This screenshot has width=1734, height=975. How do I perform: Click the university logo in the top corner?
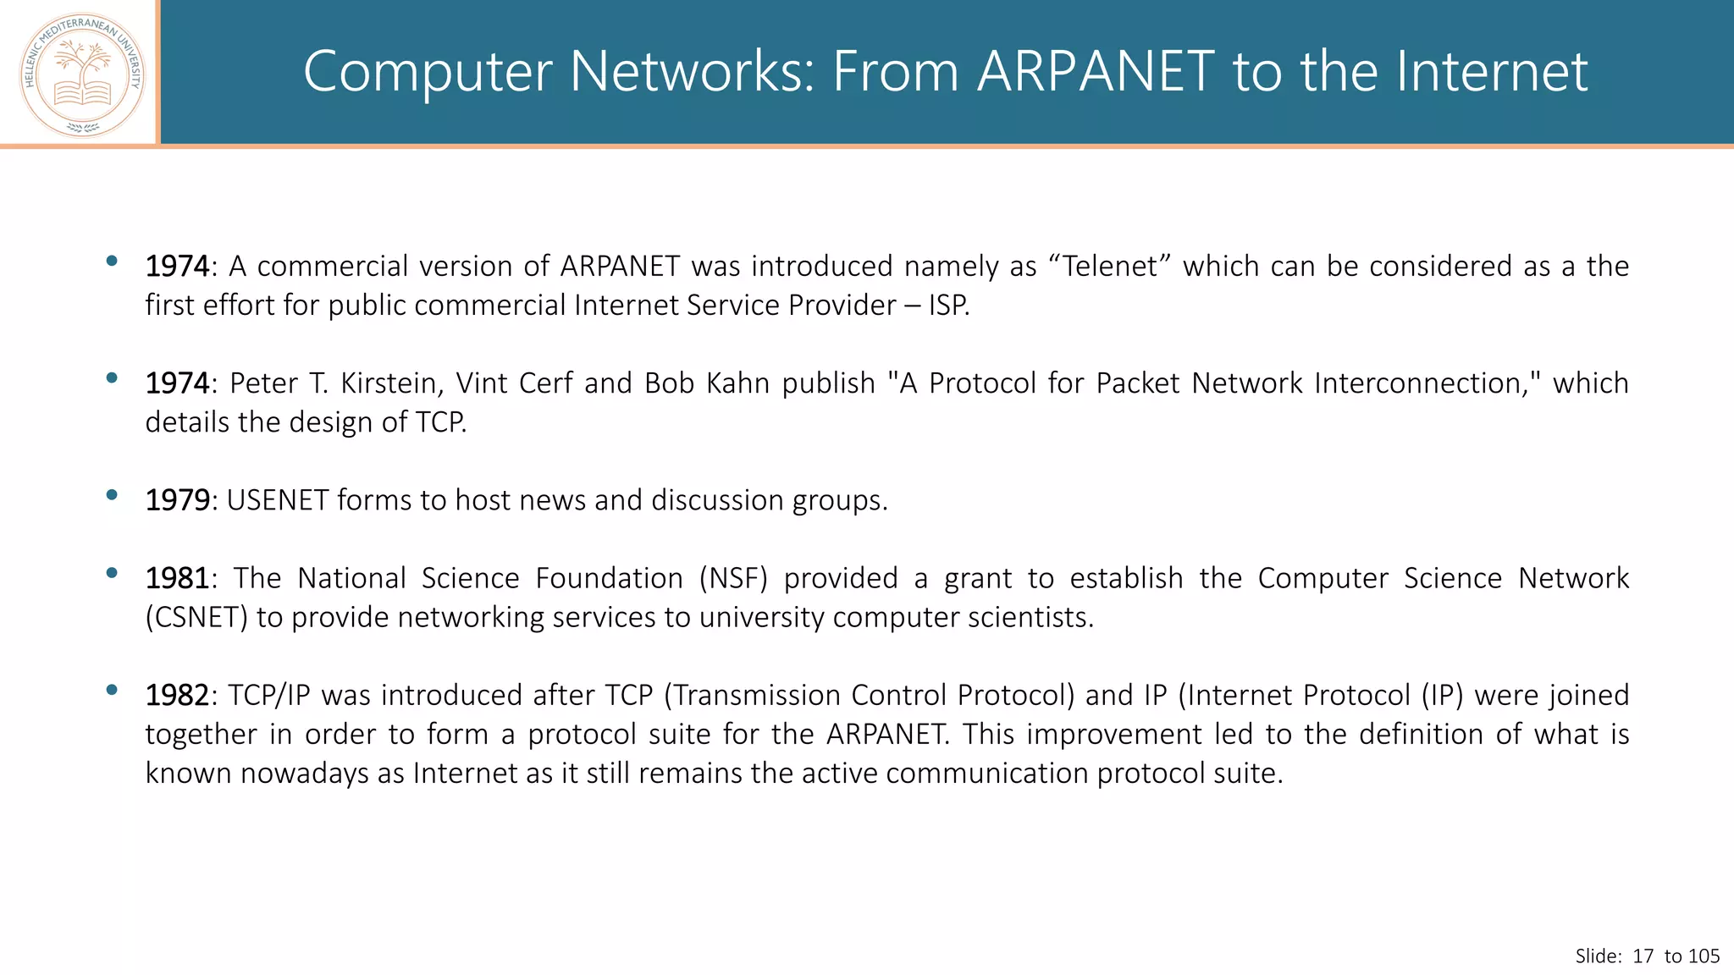pyautogui.click(x=82, y=74)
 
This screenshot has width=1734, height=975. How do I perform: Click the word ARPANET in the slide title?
pyautogui.click(x=1096, y=71)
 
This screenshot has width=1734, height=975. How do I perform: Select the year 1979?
pyautogui.click(x=177, y=500)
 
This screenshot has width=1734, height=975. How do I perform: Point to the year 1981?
pyautogui.click(x=177, y=578)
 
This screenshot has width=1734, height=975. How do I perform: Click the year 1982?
pyautogui.click(x=177, y=695)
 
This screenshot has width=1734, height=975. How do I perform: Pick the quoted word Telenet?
pyautogui.click(x=1109, y=266)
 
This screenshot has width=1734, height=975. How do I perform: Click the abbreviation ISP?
pyautogui.click(x=947, y=305)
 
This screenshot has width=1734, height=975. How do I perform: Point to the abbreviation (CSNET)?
pyautogui.click(x=196, y=617)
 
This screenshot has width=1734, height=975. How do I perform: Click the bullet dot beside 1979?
pyautogui.click(x=112, y=495)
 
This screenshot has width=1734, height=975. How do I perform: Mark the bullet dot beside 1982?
pyautogui.click(x=112, y=690)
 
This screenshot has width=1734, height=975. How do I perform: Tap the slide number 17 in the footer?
pyautogui.click(x=1643, y=956)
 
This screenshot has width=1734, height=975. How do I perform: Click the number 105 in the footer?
pyautogui.click(x=1704, y=956)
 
